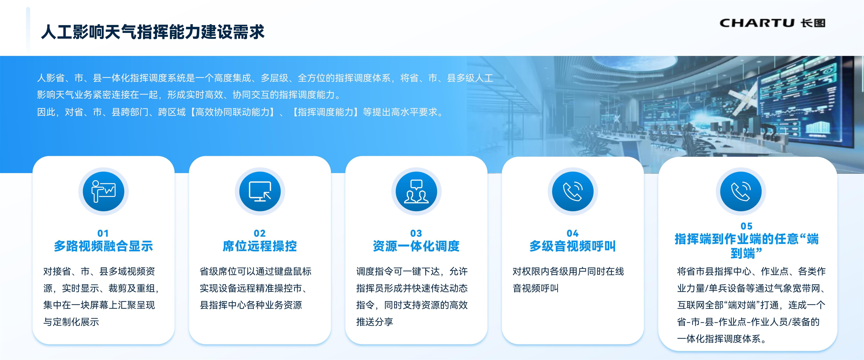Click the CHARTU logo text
tap(757, 23)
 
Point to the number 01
tap(103, 233)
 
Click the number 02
tap(260, 233)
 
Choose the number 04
tap(572, 233)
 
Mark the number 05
tap(747, 226)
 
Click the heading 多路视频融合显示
tap(103, 246)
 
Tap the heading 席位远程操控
tap(260, 246)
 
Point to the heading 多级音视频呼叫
tap(572, 246)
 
